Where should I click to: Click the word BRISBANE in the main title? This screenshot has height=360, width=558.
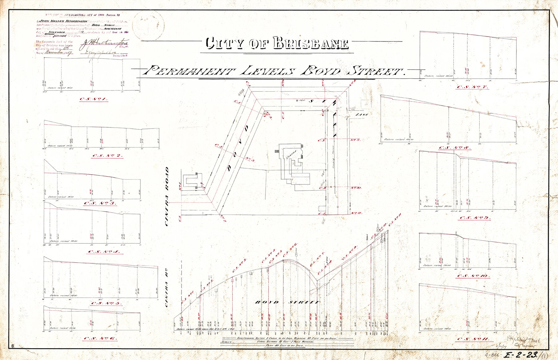(311, 44)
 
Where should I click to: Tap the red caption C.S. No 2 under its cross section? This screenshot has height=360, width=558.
(107, 156)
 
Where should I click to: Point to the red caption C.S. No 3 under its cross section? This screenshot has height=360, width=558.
(100, 203)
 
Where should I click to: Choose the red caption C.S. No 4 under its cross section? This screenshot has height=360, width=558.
(104, 252)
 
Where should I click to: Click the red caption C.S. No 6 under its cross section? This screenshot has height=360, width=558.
(101, 339)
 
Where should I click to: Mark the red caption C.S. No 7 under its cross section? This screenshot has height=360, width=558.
(473, 87)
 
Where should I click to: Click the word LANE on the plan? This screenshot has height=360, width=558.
(361, 115)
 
